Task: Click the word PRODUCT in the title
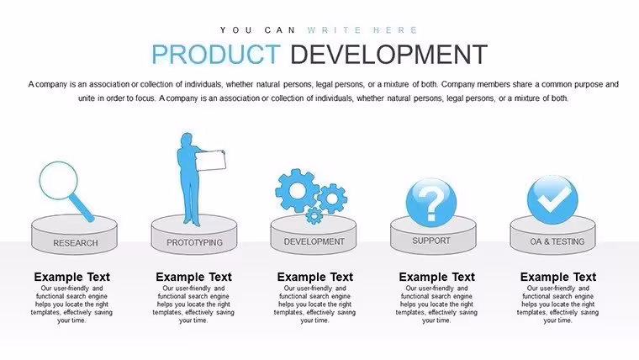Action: pos(216,54)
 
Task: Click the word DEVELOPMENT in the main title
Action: pos(388,54)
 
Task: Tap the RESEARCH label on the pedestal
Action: pos(76,243)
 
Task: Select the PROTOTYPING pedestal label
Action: pos(194,242)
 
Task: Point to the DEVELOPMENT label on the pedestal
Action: pos(314,241)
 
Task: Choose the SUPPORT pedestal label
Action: pos(431,241)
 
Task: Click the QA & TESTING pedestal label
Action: pos(557,241)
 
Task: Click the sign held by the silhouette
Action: pos(211,161)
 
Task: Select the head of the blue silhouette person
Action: pos(187,139)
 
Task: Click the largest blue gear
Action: pos(297,190)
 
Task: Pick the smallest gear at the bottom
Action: pos(314,215)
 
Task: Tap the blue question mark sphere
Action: pos(431,203)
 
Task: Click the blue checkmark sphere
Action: pos(552,200)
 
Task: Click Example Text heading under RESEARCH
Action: pos(71,277)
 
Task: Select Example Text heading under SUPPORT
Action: pos(436,277)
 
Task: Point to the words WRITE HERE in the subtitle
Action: pos(362,30)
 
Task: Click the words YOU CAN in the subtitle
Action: pos(257,30)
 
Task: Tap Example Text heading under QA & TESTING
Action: pos(558,277)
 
